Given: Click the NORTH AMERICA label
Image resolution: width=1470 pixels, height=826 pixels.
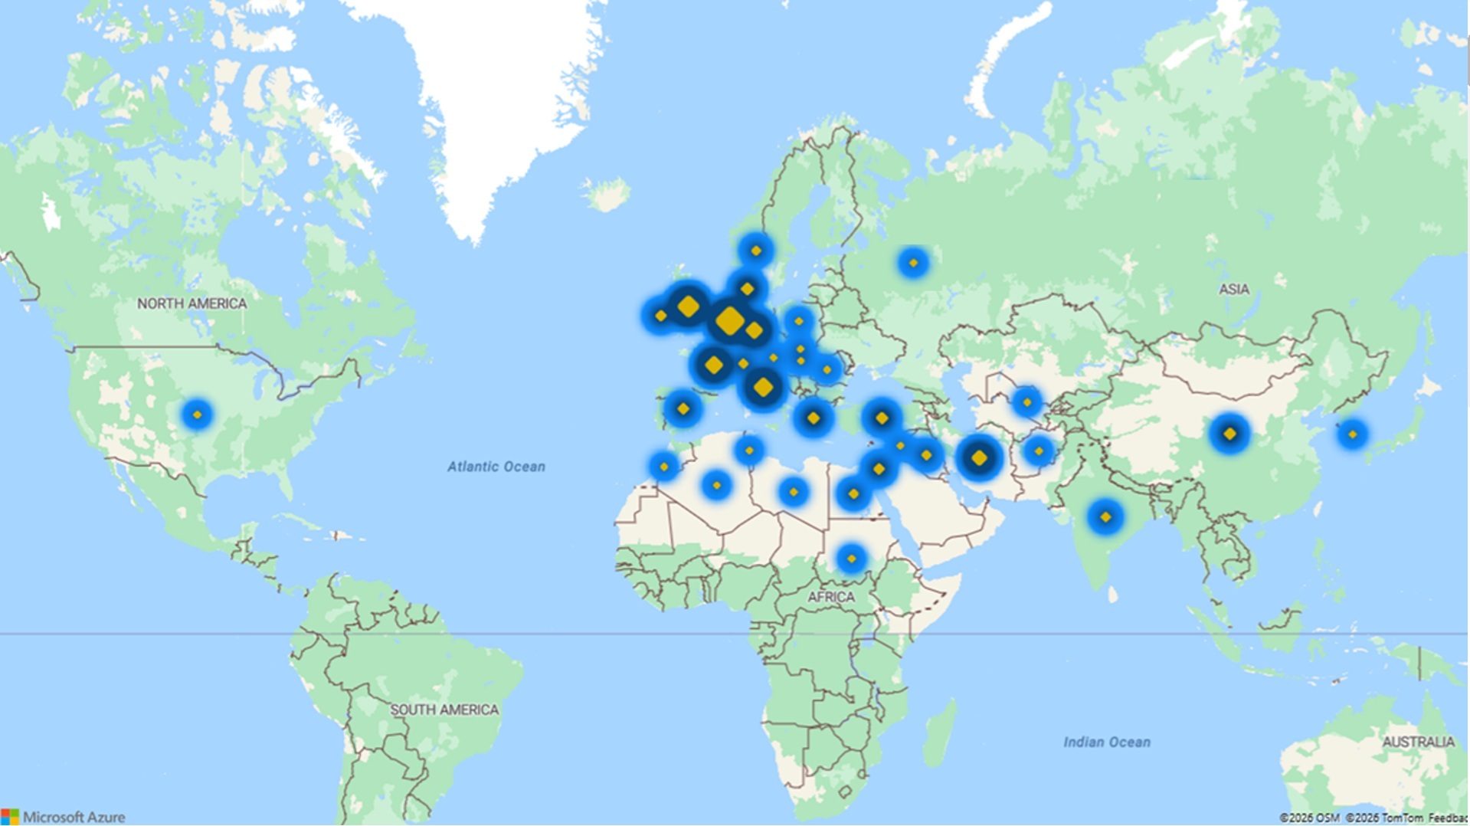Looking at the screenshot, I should [192, 303].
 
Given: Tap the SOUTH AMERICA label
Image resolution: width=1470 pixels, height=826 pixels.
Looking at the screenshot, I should [444, 710].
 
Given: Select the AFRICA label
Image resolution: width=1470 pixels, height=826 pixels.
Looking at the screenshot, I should [830, 597].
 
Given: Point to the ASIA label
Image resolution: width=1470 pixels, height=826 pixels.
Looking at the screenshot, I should [1233, 289].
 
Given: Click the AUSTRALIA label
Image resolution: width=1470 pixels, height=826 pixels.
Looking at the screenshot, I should [1418, 742].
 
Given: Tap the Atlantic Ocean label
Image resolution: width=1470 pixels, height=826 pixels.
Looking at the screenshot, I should [496, 467].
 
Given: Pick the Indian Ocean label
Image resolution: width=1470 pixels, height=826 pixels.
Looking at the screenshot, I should [1106, 742].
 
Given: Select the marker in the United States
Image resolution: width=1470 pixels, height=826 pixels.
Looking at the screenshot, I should [197, 415].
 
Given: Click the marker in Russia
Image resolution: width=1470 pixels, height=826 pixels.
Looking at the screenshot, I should [912, 263].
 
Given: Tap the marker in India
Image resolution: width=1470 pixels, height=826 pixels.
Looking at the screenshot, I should [1105, 517].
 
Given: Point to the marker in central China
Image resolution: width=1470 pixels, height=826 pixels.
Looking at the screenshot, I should [1229, 434].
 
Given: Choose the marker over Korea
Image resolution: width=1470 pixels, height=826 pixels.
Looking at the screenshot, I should [1352, 434].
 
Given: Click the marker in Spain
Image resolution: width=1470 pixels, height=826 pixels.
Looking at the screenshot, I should [683, 408].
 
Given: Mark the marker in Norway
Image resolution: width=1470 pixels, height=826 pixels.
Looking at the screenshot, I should [756, 251].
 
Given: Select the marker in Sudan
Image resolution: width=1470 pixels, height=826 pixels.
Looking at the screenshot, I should [851, 559].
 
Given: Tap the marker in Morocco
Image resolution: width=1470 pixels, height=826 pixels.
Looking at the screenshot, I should [663, 467].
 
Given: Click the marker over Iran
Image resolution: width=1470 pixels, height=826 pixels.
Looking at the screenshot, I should [979, 458].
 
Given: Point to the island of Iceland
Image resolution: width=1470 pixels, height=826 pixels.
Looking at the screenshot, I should [607, 195].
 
